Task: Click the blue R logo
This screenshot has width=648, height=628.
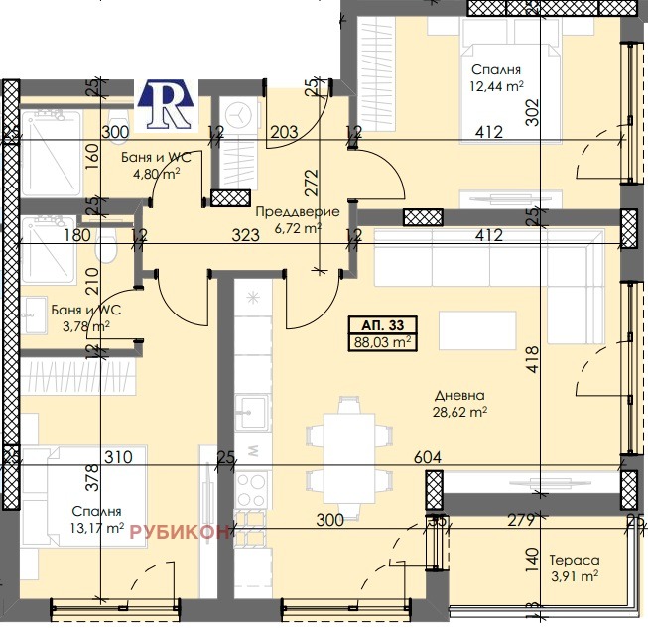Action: coord(166,104)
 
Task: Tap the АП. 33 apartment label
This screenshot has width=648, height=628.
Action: coord(383,325)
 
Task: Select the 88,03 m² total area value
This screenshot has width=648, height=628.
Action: coord(383,342)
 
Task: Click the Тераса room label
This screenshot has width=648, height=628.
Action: coord(575,560)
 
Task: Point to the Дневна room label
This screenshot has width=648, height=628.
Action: coord(459,396)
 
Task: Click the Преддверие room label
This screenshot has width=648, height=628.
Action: coord(298,212)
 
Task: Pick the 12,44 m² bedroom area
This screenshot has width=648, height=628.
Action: coord(497,86)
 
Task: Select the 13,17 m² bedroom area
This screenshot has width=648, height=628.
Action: coord(97,528)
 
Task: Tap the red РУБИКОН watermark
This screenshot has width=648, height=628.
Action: coord(180,532)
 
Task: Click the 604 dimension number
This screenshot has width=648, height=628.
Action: coord(428,457)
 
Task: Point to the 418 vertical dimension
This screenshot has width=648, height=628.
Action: coord(533,359)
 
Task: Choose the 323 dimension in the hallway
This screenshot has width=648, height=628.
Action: coord(245,235)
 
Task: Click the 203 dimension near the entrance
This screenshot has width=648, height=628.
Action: coord(285,132)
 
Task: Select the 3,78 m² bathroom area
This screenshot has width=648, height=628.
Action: coord(86,326)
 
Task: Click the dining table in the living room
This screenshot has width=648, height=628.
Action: coord(349,458)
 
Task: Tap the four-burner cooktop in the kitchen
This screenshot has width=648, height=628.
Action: coord(251,490)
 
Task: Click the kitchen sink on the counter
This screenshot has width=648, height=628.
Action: coord(251,412)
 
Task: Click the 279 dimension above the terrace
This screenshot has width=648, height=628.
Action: coord(522,520)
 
